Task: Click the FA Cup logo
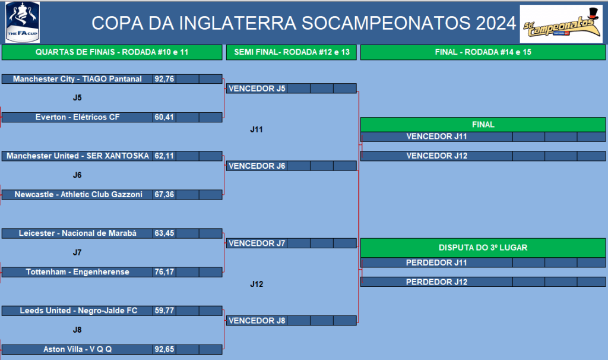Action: point(23,22)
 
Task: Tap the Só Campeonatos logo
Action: point(561,24)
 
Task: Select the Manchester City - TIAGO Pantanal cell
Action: point(77,79)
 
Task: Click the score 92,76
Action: point(164,79)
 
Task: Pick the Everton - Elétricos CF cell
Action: point(77,117)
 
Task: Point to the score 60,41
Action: point(164,117)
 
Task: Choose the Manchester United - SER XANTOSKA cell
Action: point(77,156)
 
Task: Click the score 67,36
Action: point(164,194)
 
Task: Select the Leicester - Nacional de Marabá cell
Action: point(77,233)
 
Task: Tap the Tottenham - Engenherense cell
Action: point(77,272)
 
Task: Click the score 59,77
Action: point(164,311)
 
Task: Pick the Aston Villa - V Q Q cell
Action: point(77,349)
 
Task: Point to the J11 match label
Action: point(256,130)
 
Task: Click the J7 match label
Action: point(77,252)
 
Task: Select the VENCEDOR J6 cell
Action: point(256,166)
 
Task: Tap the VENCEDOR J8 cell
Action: point(256,321)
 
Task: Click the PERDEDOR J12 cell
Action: point(436,282)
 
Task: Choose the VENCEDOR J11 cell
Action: point(436,137)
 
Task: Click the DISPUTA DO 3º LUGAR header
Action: point(483,248)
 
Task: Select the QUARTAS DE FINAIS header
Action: point(112,52)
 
